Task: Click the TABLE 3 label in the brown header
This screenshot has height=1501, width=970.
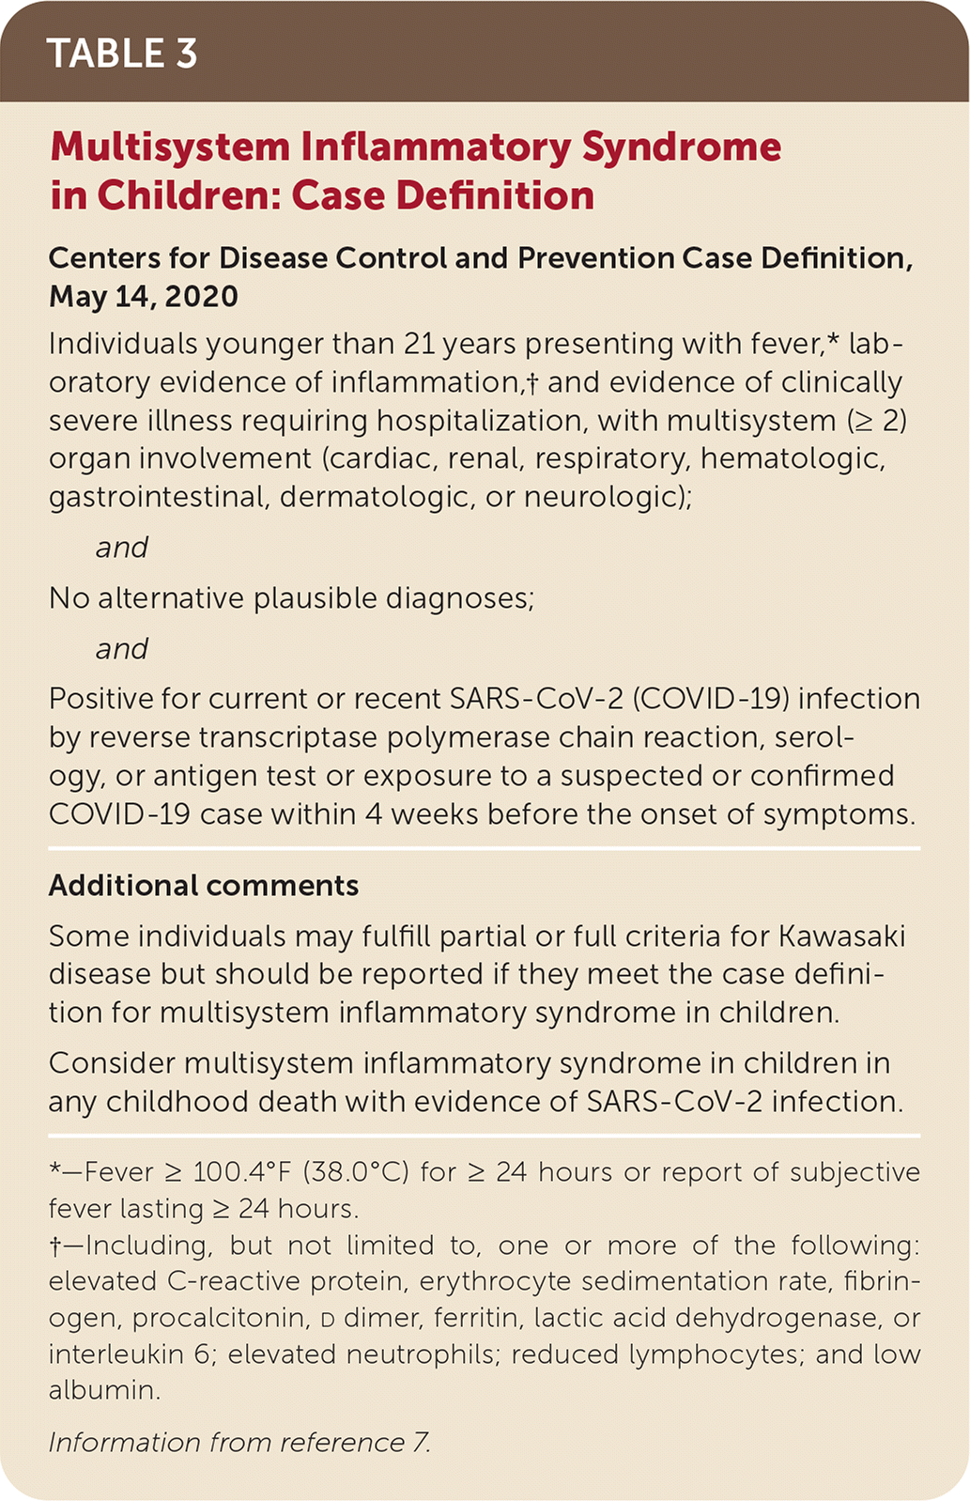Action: (122, 54)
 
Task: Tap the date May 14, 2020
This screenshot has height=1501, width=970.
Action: (144, 297)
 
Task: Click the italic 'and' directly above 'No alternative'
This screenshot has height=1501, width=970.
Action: (122, 548)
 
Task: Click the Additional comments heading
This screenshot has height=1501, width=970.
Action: (204, 886)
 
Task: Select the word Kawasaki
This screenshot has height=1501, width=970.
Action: (838, 936)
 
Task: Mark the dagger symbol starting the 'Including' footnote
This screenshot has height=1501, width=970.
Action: (54, 1246)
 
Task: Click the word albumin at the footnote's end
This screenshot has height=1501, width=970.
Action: (104, 1390)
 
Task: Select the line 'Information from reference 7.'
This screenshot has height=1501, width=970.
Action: (239, 1443)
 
